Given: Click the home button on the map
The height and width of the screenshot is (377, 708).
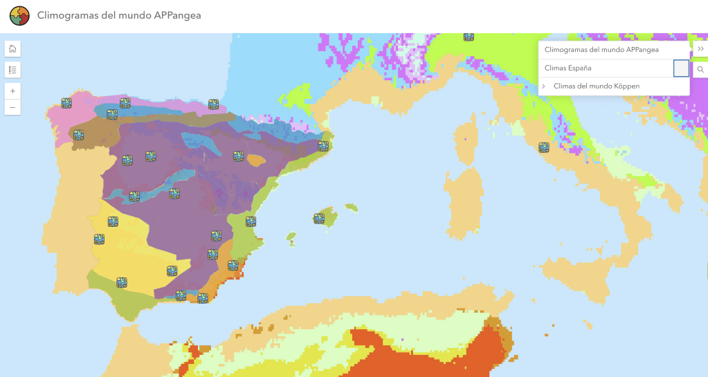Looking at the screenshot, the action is tap(12, 48).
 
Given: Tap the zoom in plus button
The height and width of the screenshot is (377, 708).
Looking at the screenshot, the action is tap(12, 91).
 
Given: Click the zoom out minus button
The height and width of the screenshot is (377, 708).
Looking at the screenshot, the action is tap(12, 107).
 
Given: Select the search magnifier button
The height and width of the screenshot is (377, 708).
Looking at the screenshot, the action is tap(700, 70).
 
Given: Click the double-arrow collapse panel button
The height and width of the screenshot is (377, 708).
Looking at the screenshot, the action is tap(700, 49).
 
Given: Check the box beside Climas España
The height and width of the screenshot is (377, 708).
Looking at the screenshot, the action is tap(681, 68).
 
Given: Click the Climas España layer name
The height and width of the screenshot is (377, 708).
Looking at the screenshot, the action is tap(568, 68).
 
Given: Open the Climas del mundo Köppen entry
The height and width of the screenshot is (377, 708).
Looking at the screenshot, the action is tap(597, 86).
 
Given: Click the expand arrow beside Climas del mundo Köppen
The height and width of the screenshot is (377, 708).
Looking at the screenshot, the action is tap(544, 86).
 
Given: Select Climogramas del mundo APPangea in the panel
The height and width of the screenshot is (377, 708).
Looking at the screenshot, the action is tap(601, 50).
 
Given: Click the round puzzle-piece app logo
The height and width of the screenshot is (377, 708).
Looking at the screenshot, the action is tap(19, 15).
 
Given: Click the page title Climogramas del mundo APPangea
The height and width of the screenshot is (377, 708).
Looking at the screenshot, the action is tap(119, 15).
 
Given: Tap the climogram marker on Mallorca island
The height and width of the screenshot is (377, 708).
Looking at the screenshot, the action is tap(319, 219).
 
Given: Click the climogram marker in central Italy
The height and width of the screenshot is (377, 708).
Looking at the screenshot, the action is tap(544, 147).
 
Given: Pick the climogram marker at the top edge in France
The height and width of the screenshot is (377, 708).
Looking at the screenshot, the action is tap(469, 37).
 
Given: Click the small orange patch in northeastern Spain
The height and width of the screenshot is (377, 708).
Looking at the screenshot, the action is tap(256, 160).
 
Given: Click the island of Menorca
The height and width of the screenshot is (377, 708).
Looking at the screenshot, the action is tap(352, 207).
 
